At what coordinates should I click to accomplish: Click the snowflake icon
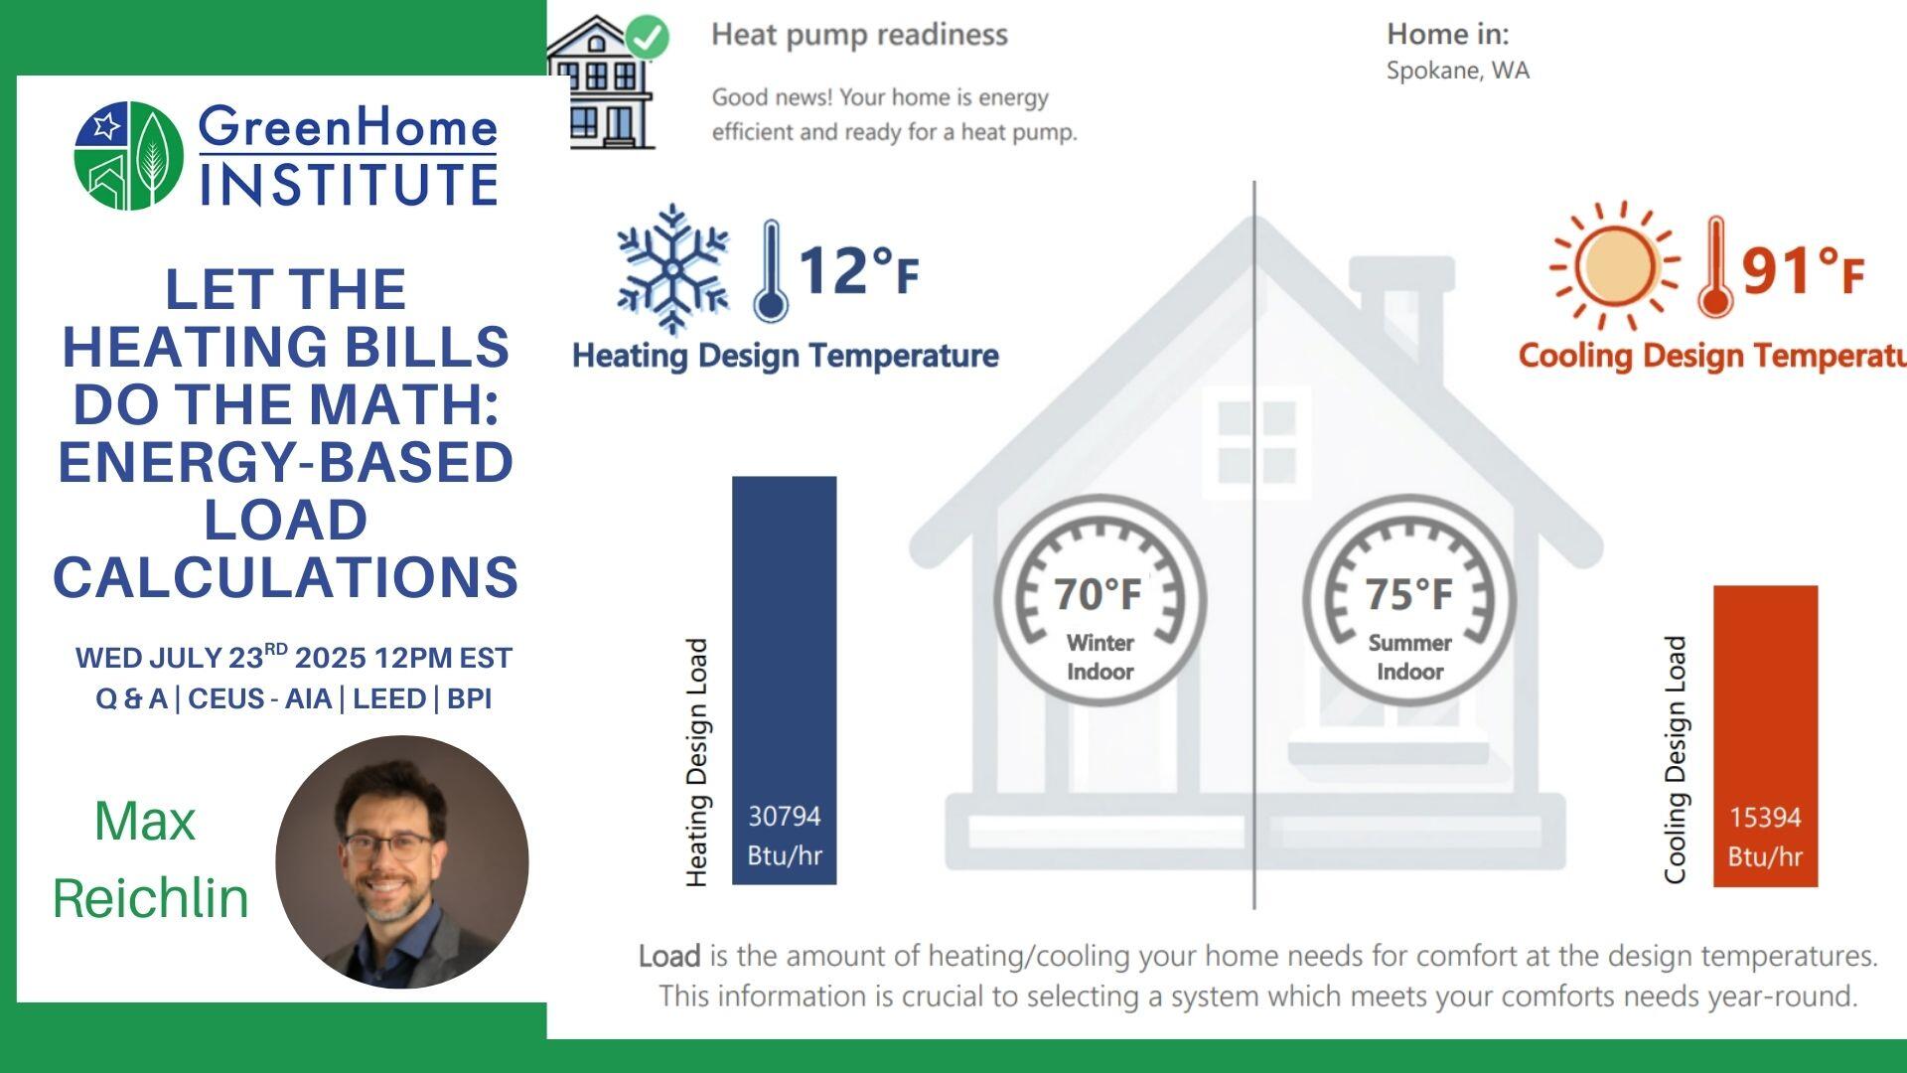(672, 269)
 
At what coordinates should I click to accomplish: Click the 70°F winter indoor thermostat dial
(1100, 600)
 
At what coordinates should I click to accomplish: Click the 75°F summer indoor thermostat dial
(1409, 600)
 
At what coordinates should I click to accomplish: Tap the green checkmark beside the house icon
(649, 37)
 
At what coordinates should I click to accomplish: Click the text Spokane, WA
(1457, 71)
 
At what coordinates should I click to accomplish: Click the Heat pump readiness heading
(859, 35)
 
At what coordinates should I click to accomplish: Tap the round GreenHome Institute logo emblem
(129, 155)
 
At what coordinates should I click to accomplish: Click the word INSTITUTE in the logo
(349, 184)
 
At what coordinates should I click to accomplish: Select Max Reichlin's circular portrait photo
(401, 861)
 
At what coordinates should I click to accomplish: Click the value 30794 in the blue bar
(784, 817)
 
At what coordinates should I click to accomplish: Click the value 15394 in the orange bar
(1765, 818)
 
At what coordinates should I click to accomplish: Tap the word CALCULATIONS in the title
(286, 577)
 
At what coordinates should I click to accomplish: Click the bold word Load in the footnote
(668, 956)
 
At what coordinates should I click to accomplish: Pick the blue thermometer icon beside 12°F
(771, 271)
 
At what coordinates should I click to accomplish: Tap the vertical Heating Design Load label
(697, 762)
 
